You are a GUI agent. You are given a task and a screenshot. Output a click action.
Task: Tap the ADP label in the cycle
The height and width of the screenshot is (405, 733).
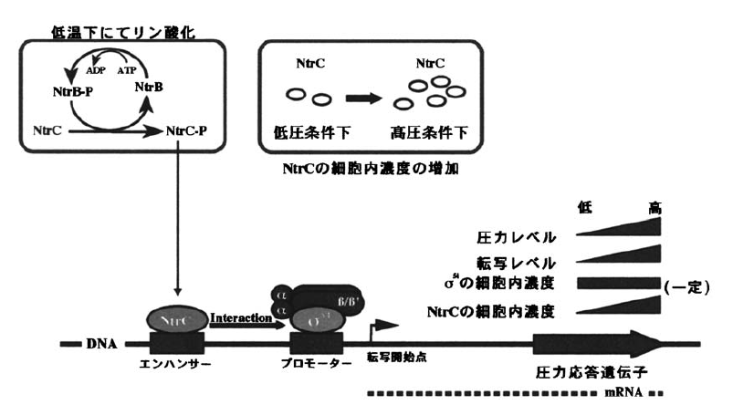tap(97, 69)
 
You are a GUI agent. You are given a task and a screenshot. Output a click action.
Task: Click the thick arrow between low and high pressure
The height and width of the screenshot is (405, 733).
tap(367, 95)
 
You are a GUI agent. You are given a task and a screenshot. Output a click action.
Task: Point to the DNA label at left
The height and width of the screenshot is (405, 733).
tap(102, 346)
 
